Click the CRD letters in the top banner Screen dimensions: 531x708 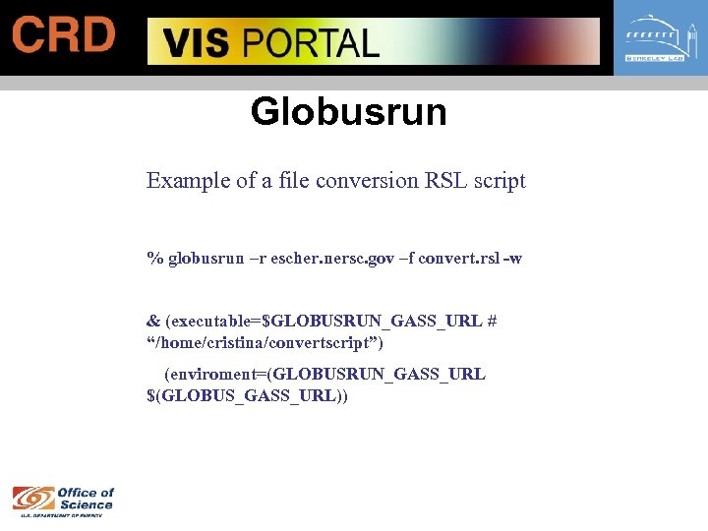tap(64, 36)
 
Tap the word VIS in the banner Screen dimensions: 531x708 tap(197, 44)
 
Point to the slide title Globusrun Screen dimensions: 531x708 tap(348, 111)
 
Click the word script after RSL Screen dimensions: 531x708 tap(501, 181)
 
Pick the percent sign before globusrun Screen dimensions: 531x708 tap(153, 259)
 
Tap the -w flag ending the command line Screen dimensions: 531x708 tap(511, 259)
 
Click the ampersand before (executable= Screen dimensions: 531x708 tap(153, 322)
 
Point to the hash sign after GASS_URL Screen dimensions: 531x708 tap(491, 322)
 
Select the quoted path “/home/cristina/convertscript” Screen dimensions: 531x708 tap(265, 343)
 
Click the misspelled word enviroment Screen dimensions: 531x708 tap(217, 375)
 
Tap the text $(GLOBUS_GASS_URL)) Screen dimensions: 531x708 tap(247, 396)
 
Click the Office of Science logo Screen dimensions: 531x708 tap(63, 499)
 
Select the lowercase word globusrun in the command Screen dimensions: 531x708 tap(206, 259)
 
